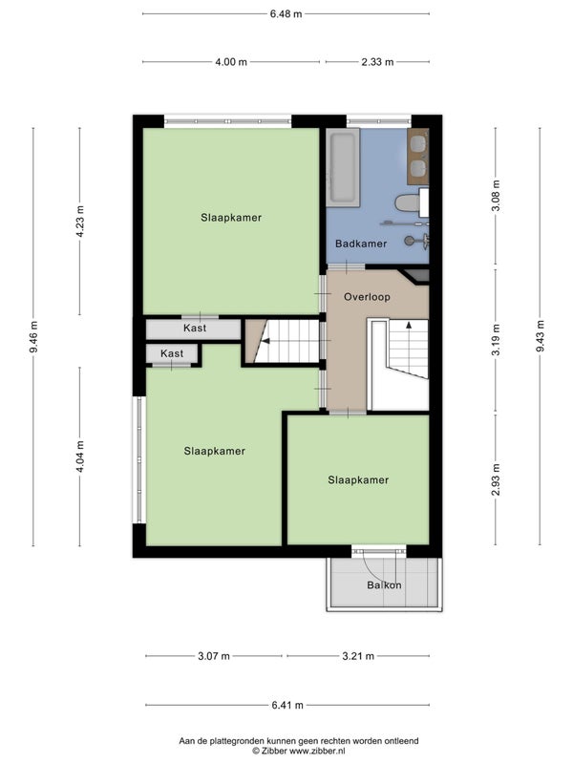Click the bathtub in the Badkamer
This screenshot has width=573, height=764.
343,167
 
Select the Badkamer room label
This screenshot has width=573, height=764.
361,244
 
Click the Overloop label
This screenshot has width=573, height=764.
367,297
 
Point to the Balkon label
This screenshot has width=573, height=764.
384,585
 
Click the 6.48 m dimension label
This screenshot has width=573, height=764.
286,14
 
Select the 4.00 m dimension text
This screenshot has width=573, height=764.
231,62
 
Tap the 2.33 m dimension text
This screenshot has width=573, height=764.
377,62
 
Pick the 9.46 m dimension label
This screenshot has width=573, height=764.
33,337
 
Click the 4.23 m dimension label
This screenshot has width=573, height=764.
80,221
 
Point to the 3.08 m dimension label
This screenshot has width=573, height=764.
496,196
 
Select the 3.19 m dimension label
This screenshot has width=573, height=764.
496,340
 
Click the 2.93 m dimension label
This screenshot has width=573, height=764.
496,479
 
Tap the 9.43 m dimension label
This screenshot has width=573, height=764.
541,336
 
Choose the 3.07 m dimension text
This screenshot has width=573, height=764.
213,656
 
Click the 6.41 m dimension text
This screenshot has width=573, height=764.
287,705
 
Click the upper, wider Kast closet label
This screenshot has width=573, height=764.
195,328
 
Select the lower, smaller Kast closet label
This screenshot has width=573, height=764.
172,353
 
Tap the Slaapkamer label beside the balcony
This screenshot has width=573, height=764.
358,480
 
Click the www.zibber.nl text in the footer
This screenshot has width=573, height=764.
317,751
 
